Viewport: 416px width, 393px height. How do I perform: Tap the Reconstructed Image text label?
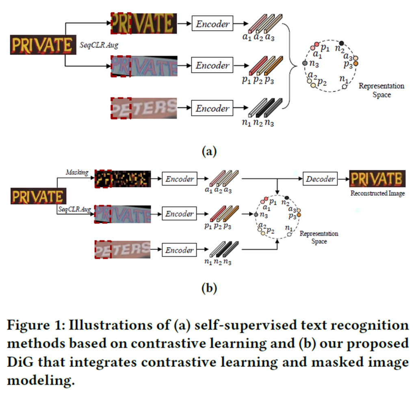(x=377, y=194)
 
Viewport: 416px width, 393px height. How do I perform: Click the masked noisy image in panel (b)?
(x=123, y=179)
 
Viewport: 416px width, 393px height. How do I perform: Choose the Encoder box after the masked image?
(x=179, y=179)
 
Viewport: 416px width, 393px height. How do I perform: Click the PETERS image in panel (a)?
(x=144, y=108)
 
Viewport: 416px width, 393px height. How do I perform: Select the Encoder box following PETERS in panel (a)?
(x=213, y=108)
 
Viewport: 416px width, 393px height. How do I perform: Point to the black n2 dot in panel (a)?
(x=342, y=43)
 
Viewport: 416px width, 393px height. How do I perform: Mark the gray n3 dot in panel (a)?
(x=305, y=63)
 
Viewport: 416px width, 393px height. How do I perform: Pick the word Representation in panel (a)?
(x=381, y=86)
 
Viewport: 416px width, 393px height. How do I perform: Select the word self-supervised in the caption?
(x=212, y=326)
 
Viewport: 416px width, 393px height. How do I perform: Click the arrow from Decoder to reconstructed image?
(x=342, y=179)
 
